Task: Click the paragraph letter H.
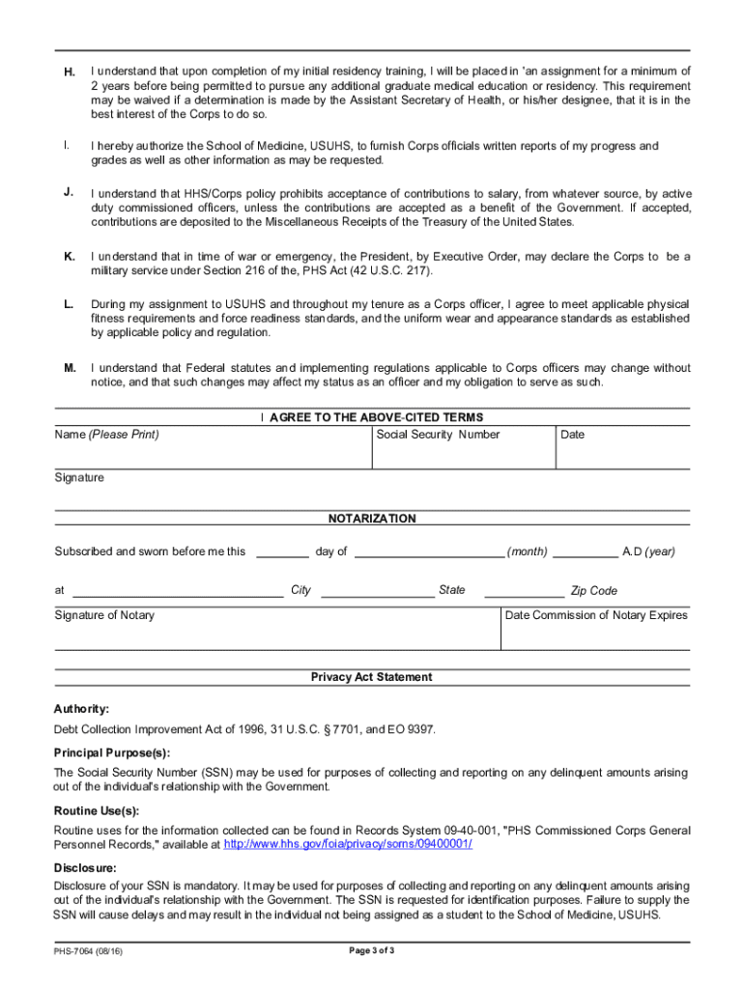coord(70,72)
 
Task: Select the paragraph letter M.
coord(70,368)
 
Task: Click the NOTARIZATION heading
coord(372,519)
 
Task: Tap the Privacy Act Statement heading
coord(372,677)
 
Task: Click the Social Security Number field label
coord(438,435)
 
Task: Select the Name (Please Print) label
coord(106,435)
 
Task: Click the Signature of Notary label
coord(103,615)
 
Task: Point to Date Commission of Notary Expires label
coord(596,615)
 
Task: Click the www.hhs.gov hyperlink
coord(348,844)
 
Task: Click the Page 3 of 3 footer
coord(372,950)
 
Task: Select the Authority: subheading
coord(81,709)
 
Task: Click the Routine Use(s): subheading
coord(97,811)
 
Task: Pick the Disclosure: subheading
coord(85,867)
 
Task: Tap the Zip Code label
coord(593,591)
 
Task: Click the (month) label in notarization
coord(528,551)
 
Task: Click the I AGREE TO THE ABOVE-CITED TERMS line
coord(372,417)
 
